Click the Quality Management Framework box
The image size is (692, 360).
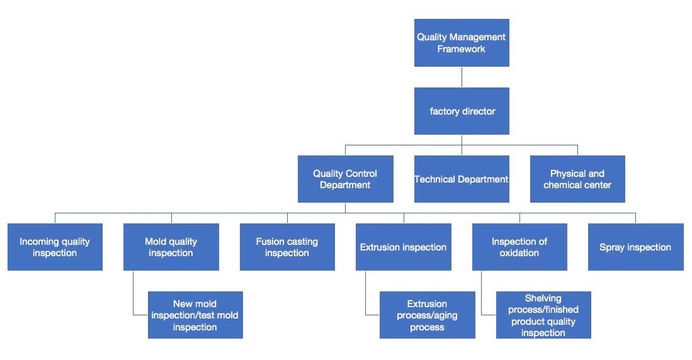coord(462,43)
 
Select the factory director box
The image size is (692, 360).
coord(462,111)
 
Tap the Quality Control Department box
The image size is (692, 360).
coord(345,179)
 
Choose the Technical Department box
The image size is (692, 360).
coord(462,179)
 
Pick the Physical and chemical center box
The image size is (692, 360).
coord(577,179)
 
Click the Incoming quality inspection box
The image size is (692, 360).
coord(55,247)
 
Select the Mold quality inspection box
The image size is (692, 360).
coord(171,247)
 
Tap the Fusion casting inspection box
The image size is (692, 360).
coord(287,247)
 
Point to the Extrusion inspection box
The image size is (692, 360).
coord(403,247)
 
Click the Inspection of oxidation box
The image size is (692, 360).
coord(519,247)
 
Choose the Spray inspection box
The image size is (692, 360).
coord(635,247)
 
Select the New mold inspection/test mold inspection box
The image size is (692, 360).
coord(195,315)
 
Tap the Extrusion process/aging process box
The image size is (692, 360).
coord(427,315)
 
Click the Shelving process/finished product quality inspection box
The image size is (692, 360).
coord(543,315)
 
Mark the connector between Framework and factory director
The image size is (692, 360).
coord(462,77)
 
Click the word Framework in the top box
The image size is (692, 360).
coord(462,49)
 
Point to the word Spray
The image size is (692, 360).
coord(612,247)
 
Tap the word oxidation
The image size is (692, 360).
coord(519,253)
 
